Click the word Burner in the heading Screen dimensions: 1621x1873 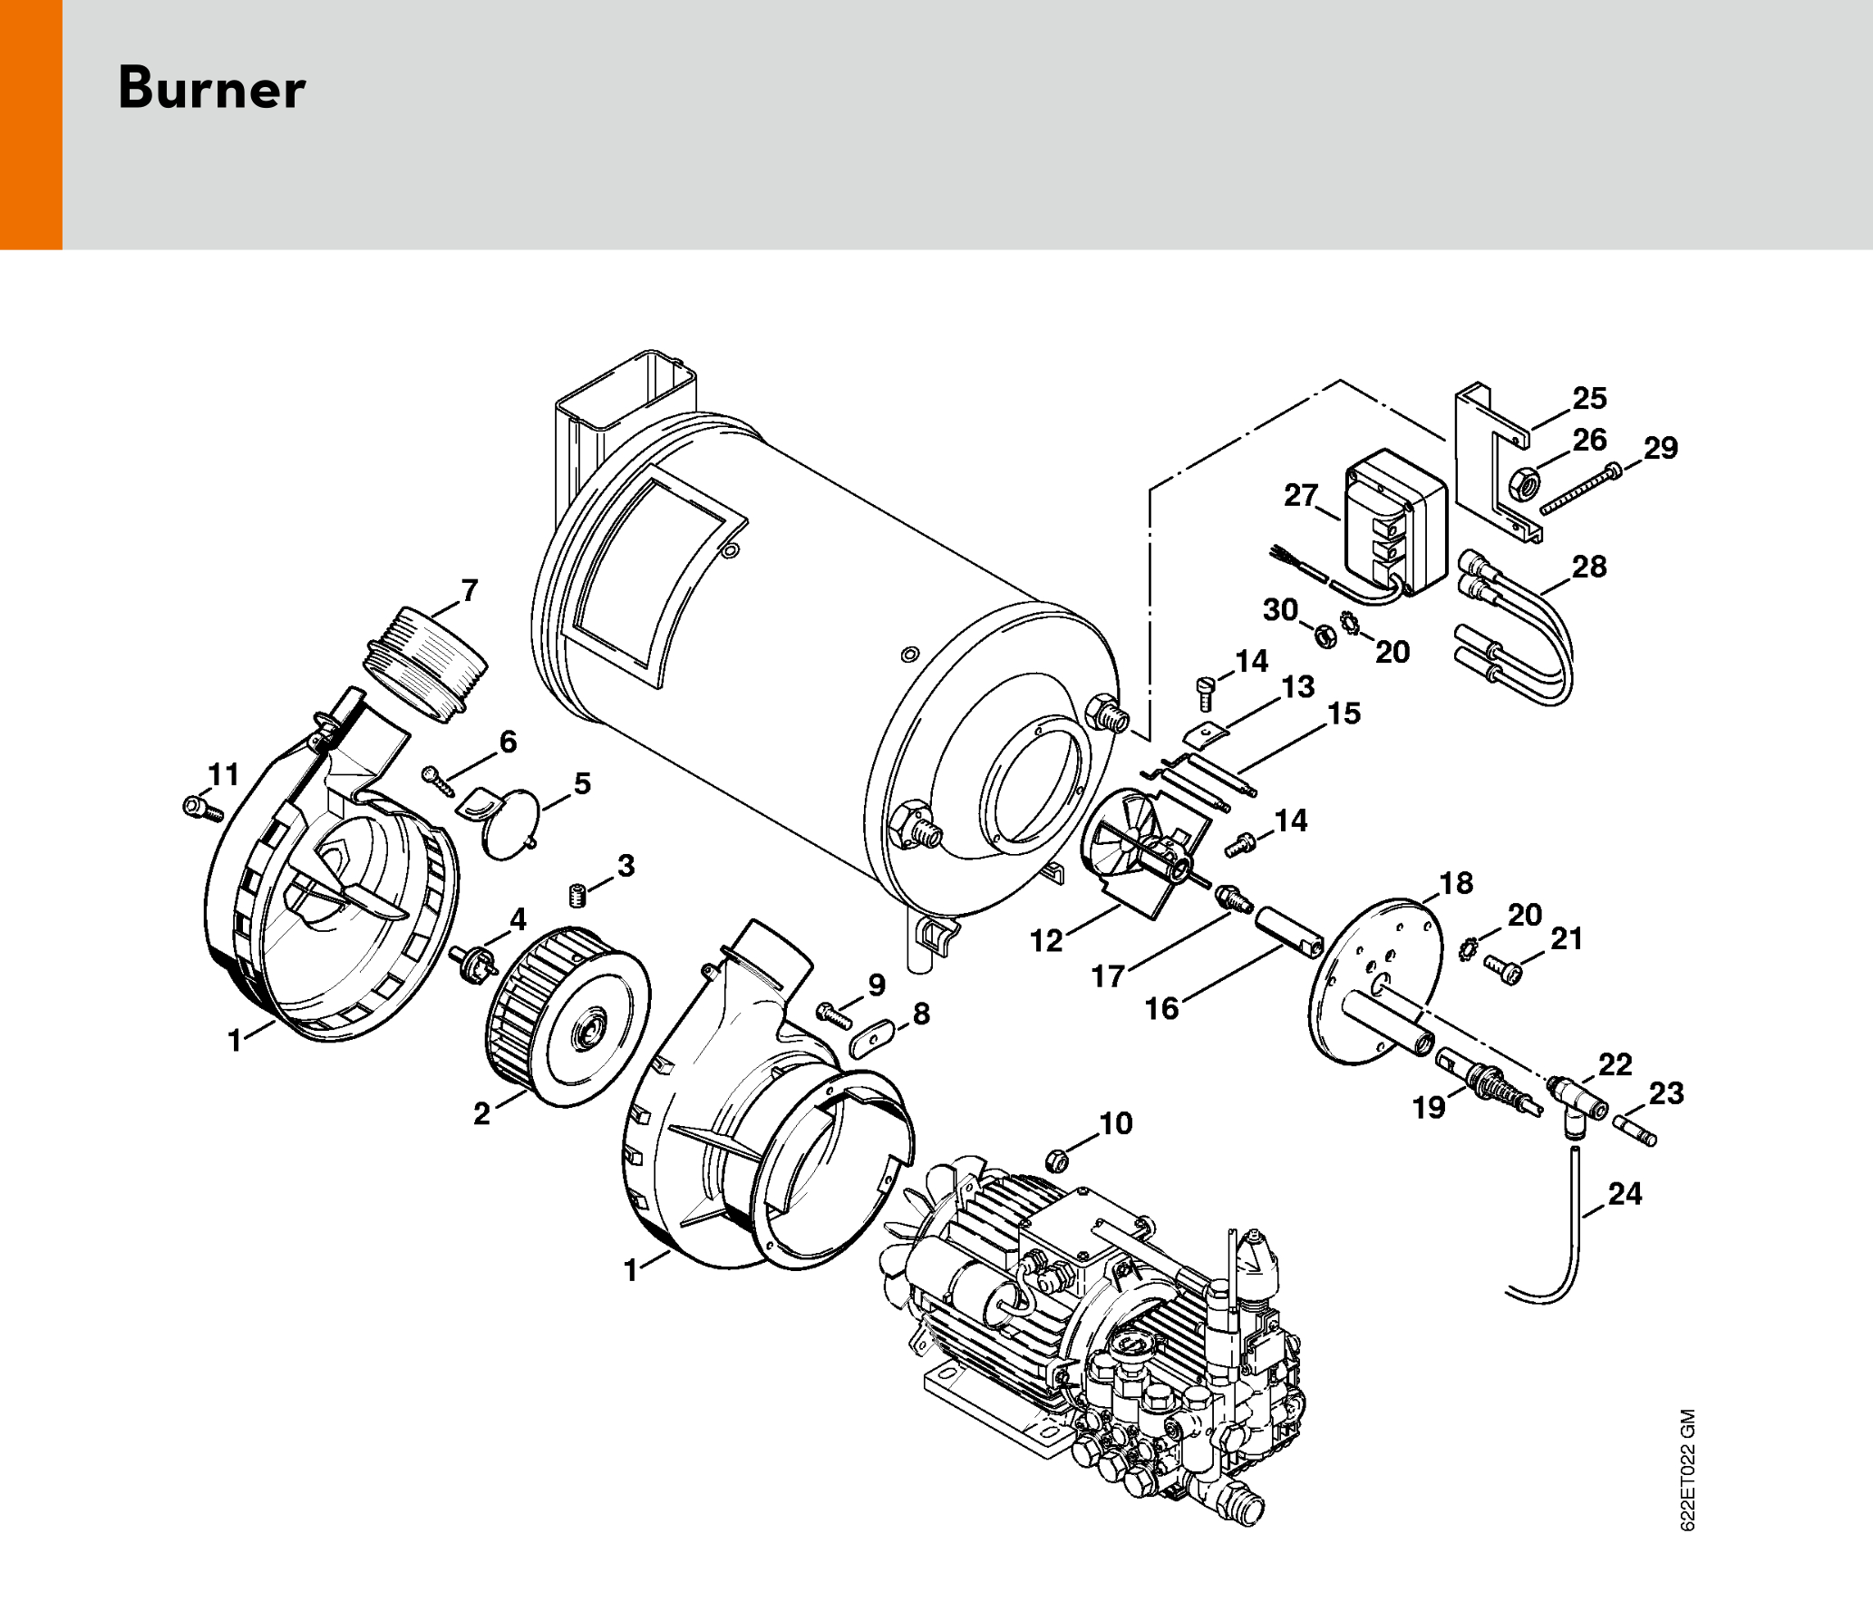click(x=212, y=89)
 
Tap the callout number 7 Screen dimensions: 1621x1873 click(x=469, y=590)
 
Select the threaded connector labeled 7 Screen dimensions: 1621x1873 click(x=425, y=663)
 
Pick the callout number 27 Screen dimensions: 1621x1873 click(x=1300, y=495)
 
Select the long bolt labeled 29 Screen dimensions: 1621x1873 click(x=1579, y=488)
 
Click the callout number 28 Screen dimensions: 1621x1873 click(x=1589, y=567)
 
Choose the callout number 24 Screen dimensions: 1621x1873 click(x=1625, y=1193)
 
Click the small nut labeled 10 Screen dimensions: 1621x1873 click(x=1056, y=1160)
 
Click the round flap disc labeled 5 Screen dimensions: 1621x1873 click(x=511, y=823)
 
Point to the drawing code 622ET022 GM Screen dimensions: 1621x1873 click(x=1687, y=1470)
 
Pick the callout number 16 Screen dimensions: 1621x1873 click(x=1161, y=1008)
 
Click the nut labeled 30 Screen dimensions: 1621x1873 click(x=1325, y=636)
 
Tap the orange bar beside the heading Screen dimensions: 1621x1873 click(x=31, y=124)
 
